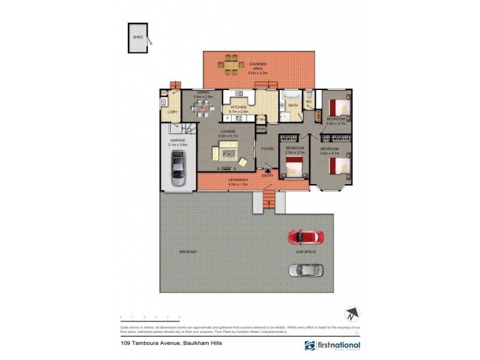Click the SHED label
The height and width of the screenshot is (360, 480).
coord(137,37)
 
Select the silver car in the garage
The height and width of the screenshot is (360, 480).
coord(178,168)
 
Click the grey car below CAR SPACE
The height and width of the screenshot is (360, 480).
coord(305,270)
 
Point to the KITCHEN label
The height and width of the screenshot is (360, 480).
coord(238,107)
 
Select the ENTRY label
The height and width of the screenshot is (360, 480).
coord(268,175)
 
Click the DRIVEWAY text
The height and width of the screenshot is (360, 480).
coord(187,251)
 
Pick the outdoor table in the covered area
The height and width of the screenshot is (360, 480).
coord(231,65)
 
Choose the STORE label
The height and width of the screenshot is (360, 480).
coord(261,129)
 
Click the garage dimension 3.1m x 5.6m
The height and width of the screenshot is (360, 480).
coord(178,145)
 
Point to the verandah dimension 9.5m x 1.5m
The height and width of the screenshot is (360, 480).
coord(239,184)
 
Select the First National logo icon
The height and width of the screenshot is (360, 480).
coord(309,346)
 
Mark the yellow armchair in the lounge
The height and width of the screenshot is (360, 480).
coord(242,161)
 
